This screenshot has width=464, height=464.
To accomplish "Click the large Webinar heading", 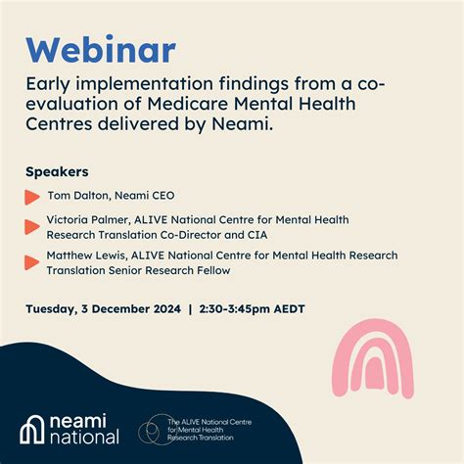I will (101, 50).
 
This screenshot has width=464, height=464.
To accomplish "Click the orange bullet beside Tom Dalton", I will (32, 198).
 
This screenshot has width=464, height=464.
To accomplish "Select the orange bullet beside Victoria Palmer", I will (32, 227).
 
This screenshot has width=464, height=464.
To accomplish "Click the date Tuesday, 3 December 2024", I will (103, 309).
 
